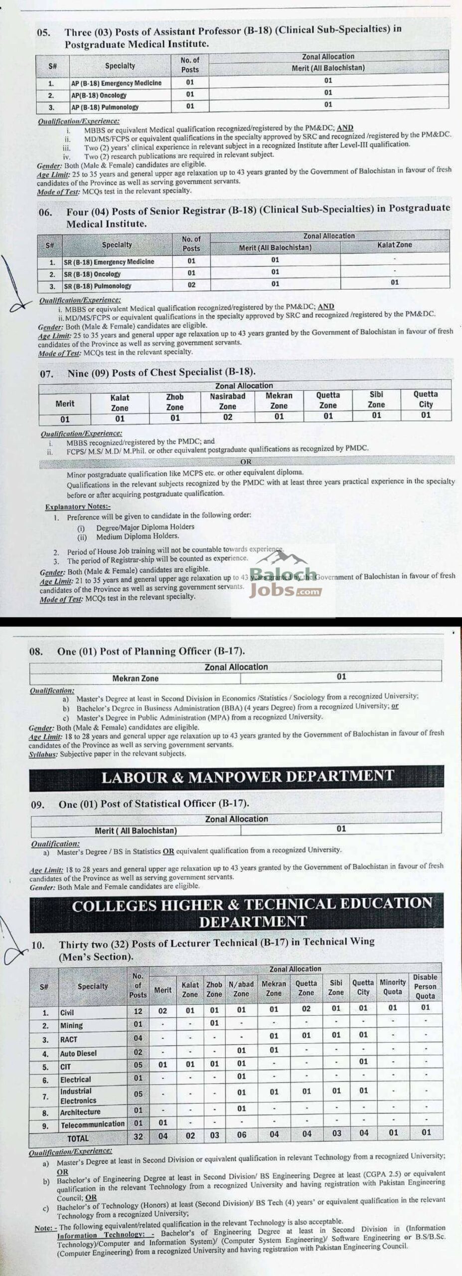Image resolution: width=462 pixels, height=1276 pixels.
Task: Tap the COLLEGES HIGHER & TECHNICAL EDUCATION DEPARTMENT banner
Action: pos(252,913)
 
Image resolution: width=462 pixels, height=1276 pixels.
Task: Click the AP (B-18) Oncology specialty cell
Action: pos(99,95)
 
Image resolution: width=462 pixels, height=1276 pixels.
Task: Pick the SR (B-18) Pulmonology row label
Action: pos(98,286)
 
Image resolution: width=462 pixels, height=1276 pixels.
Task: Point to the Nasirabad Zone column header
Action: pos(227,401)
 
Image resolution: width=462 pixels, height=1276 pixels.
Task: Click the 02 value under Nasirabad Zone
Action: pos(227,417)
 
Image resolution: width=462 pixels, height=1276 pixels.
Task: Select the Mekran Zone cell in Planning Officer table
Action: pos(135,678)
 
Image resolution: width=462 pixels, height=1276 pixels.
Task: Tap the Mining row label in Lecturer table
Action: pos(71,1025)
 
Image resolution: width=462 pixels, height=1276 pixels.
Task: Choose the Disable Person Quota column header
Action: pos(425,986)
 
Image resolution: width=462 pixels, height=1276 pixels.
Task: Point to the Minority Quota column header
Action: pos(393,987)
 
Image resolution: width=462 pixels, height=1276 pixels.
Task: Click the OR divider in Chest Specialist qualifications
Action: pos(246,462)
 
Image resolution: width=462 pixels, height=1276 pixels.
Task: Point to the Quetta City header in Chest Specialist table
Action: pos(425,399)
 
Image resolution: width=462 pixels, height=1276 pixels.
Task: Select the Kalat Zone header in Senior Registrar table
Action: pos(394,245)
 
